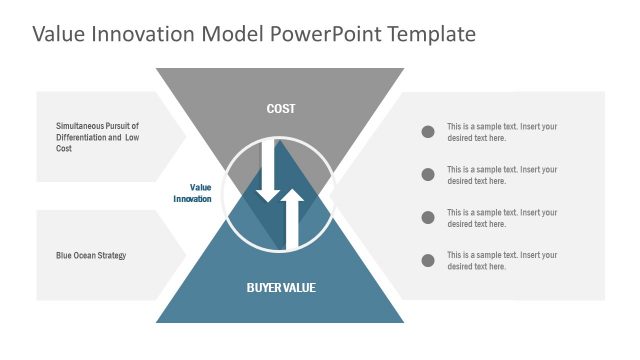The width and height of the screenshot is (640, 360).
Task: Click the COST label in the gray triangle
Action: [280, 108]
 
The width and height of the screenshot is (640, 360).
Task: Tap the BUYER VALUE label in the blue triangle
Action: [280, 288]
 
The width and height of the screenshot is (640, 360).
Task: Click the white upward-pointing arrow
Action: [292, 218]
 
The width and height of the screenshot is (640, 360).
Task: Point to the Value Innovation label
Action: [193, 193]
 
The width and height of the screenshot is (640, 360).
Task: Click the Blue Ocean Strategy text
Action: [91, 255]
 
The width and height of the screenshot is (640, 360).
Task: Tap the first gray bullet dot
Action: [428, 132]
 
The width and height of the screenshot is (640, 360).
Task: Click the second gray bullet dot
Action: [428, 175]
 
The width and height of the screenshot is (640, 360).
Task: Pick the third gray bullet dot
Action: [428, 217]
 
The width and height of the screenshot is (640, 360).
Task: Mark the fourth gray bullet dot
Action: [428, 260]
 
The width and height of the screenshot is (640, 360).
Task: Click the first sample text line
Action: [502, 132]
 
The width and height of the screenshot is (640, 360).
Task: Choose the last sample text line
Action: [502, 260]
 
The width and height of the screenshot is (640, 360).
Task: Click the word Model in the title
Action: [234, 34]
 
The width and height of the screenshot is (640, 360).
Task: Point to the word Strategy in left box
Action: [110, 255]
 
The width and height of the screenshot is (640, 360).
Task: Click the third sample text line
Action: [502, 217]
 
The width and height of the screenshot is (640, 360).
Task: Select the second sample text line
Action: [502, 175]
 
